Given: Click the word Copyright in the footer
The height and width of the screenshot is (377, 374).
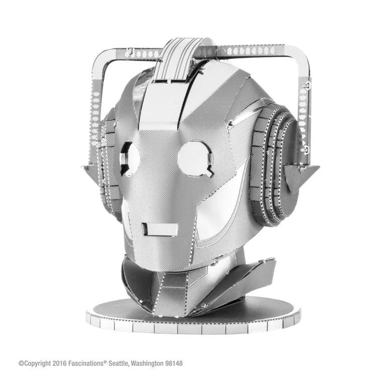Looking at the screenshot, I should [x=41, y=362].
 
